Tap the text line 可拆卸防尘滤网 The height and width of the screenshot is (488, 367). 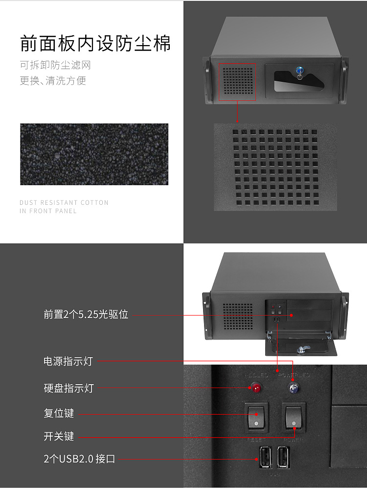tap(55, 65)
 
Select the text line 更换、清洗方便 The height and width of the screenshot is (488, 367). tap(53, 81)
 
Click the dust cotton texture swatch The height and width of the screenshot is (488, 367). tap(94, 154)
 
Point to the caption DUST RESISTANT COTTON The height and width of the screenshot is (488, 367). tap(64, 202)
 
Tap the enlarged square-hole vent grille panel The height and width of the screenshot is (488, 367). tap(275, 167)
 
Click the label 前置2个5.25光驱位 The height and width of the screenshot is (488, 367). tap(86, 315)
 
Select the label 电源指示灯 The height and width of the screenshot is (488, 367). tap(68, 362)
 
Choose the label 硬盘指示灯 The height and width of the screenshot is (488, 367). tap(69, 389)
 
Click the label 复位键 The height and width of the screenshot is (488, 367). tap(59, 413)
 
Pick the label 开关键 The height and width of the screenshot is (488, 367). tap(59, 436)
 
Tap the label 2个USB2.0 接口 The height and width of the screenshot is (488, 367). tap(79, 459)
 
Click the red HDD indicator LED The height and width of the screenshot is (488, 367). tap(255, 389)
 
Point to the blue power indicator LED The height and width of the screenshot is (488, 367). tap(293, 389)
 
